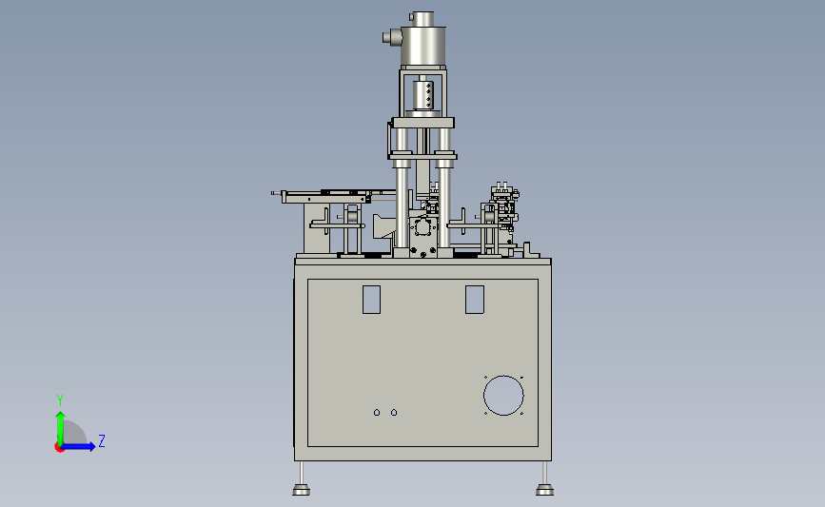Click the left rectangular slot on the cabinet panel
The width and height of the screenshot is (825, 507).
click(x=371, y=300)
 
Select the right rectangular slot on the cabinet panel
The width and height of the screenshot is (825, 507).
click(x=475, y=300)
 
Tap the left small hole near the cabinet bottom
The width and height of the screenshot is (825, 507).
click(x=377, y=412)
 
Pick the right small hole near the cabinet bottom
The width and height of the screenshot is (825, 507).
click(x=394, y=412)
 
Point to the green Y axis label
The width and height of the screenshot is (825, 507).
click(x=60, y=400)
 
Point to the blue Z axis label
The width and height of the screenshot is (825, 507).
click(x=102, y=440)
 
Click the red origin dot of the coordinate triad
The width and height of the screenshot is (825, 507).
click(x=59, y=448)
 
